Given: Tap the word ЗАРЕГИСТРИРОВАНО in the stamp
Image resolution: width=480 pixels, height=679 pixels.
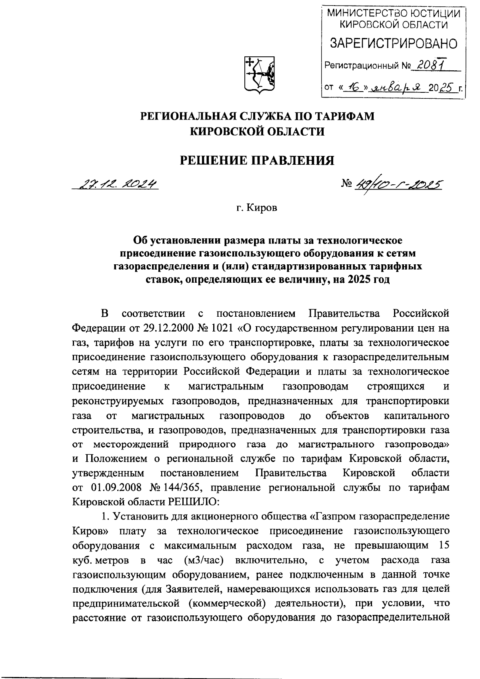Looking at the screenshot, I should click(393, 44).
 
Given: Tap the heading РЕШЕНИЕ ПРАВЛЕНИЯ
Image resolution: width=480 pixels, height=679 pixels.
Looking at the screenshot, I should click(258, 161).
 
